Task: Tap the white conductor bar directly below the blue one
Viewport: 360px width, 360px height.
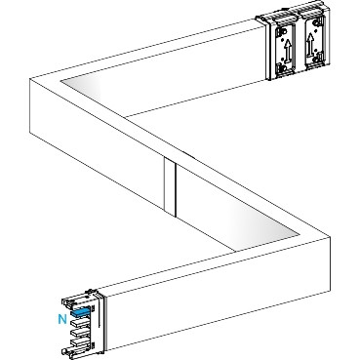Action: pos(81,327)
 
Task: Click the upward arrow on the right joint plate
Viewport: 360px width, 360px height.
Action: pos(311,45)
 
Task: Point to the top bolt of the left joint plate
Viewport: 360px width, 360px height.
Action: pos(282,30)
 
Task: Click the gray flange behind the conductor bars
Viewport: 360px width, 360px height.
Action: pos(98,322)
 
